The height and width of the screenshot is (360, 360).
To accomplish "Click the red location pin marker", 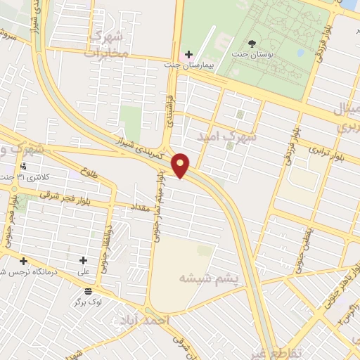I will tap(181, 165).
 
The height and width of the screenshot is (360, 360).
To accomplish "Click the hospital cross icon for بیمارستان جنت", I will tap(188, 54).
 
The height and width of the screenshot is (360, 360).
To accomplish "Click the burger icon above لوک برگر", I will tap(88, 291).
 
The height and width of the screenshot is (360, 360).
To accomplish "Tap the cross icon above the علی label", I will tap(83, 260).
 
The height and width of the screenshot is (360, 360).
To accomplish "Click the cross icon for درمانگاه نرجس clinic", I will tap(23, 261).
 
